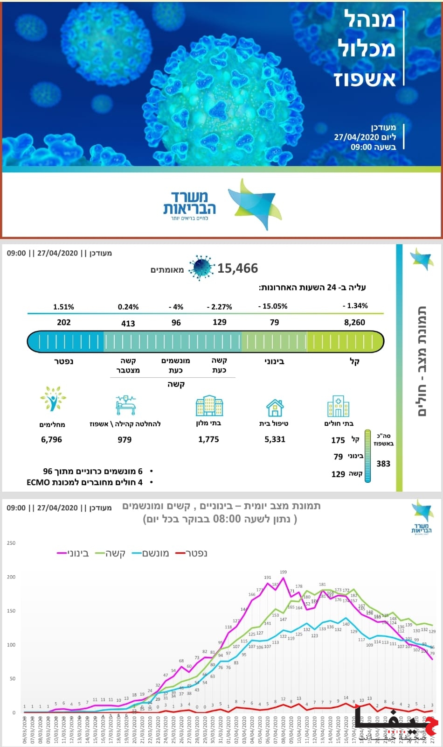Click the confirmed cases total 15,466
point(237,268)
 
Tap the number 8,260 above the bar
point(354,322)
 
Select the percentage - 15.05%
point(273,306)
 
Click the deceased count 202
point(64,322)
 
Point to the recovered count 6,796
point(51,439)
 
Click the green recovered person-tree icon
point(53,399)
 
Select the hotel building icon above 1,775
point(209,406)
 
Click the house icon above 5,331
point(275,407)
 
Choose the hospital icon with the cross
point(338,406)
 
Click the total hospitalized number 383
point(383,464)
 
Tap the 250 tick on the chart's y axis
point(11,543)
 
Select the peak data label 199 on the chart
point(284,572)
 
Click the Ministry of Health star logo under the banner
point(254,204)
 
